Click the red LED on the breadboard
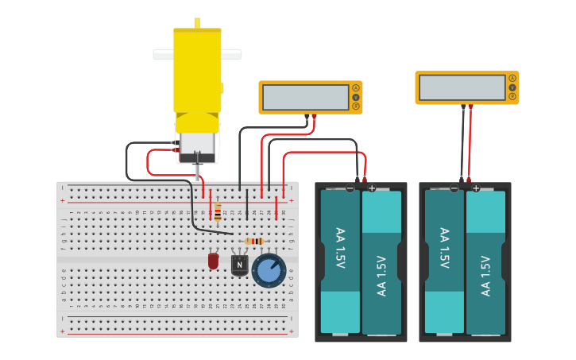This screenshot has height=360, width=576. [x=213, y=260]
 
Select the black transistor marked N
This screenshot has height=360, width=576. [x=239, y=265]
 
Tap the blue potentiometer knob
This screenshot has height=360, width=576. [x=269, y=269]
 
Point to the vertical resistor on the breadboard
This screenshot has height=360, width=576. [x=218, y=211]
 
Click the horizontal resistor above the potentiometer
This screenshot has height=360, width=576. [x=253, y=241]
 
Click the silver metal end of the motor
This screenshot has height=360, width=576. [x=197, y=144]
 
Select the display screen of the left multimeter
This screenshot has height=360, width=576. [x=305, y=97]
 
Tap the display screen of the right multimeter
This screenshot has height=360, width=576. [x=462, y=87]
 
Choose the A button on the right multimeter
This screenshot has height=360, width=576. [x=512, y=78]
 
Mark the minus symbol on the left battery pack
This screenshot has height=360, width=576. [x=350, y=188]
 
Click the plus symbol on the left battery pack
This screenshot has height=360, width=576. [x=372, y=188]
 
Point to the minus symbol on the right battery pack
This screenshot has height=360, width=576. [x=454, y=188]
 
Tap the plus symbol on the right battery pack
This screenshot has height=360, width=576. [x=476, y=188]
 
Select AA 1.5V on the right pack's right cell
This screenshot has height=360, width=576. [x=485, y=275]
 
